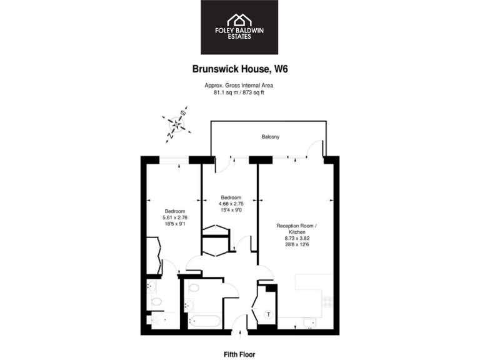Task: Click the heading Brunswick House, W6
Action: [x=239, y=72]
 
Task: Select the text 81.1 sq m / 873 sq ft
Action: [x=239, y=92]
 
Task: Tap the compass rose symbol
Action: [x=176, y=124]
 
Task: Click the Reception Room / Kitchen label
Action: [x=297, y=228]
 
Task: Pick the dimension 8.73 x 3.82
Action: [x=297, y=238]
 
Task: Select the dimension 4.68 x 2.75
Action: [x=231, y=204]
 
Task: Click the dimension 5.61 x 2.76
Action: [x=175, y=217]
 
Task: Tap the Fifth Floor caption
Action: [x=239, y=354]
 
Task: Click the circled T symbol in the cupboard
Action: [x=268, y=314]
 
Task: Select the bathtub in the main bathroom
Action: [x=203, y=322]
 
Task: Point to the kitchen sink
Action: [x=307, y=322]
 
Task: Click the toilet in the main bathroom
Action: [x=193, y=289]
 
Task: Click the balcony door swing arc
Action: [x=317, y=148]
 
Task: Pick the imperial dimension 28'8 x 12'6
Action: [x=297, y=244]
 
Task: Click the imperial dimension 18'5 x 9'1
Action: [x=175, y=223]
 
